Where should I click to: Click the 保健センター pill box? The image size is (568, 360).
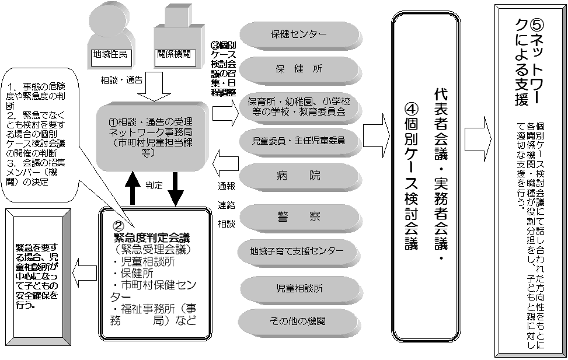[x=299, y=34]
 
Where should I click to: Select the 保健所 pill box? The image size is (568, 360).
[x=299, y=69]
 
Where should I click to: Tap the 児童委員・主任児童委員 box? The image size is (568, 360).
[x=299, y=141]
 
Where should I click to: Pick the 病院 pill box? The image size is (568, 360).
[x=299, y=176]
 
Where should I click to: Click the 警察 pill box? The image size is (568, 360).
[x=299, y=217]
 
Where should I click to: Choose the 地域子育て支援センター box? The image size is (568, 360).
[x=299, y=252]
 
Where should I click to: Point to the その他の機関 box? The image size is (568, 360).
[x=299, y=321]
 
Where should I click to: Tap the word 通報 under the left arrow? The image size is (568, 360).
[x=226, y=186]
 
